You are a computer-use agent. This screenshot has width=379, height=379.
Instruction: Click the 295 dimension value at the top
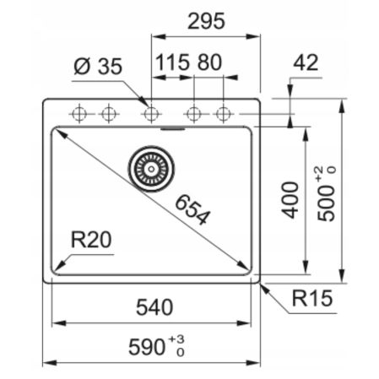205,22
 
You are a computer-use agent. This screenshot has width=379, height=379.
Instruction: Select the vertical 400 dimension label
290,199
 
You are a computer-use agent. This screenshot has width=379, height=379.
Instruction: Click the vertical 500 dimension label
328,203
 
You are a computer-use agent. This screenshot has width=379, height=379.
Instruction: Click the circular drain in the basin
150,168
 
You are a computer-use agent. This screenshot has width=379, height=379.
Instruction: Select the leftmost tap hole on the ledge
79,112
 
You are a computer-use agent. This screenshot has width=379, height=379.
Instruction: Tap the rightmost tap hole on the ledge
224,112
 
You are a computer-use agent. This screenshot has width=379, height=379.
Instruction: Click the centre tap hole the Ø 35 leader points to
152,112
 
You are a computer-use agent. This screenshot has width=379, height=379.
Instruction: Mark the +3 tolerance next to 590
176,339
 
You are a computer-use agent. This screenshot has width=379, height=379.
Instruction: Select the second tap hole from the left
108,112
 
